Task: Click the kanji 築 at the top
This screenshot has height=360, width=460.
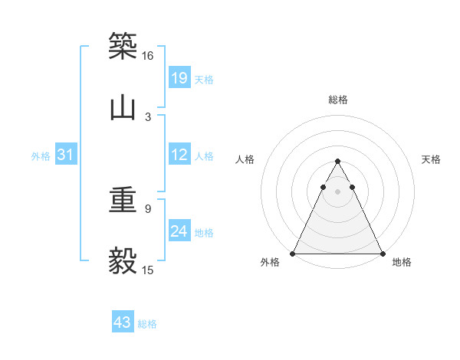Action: click(x=123, y=45)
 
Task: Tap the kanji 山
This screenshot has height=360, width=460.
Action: click(x=123, y=107)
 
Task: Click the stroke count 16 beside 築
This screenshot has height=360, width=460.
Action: click(x=147, y=56)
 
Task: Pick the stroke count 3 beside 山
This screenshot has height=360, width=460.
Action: click(x=148, y=116)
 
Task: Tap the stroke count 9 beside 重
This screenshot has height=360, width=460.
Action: click(x=148, y=208)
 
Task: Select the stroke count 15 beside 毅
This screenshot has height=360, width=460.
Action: click(x=148, y=270)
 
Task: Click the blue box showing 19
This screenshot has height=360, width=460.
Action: click(x=179, y=77)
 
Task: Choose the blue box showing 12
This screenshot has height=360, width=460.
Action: click(x=179, y=155)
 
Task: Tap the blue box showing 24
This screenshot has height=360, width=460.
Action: click(x=179, y=231)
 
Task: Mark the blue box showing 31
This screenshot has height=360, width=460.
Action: click(x=66, y=155)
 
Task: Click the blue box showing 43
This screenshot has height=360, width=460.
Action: click(x=123, y=322)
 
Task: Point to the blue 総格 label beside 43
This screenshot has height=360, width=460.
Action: click(x=147, y=324)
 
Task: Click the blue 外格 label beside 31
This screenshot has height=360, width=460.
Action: click(x=41, y=156)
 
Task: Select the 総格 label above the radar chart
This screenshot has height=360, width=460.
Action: click(x=337, y=100)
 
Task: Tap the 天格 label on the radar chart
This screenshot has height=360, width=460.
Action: click(x=431, y=159)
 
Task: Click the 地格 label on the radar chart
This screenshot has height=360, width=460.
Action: click(x=402, y=263)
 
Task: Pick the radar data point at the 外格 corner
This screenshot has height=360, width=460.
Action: click(x=293, y=253)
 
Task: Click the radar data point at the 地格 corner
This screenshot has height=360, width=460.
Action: click(x=382, y=253)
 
